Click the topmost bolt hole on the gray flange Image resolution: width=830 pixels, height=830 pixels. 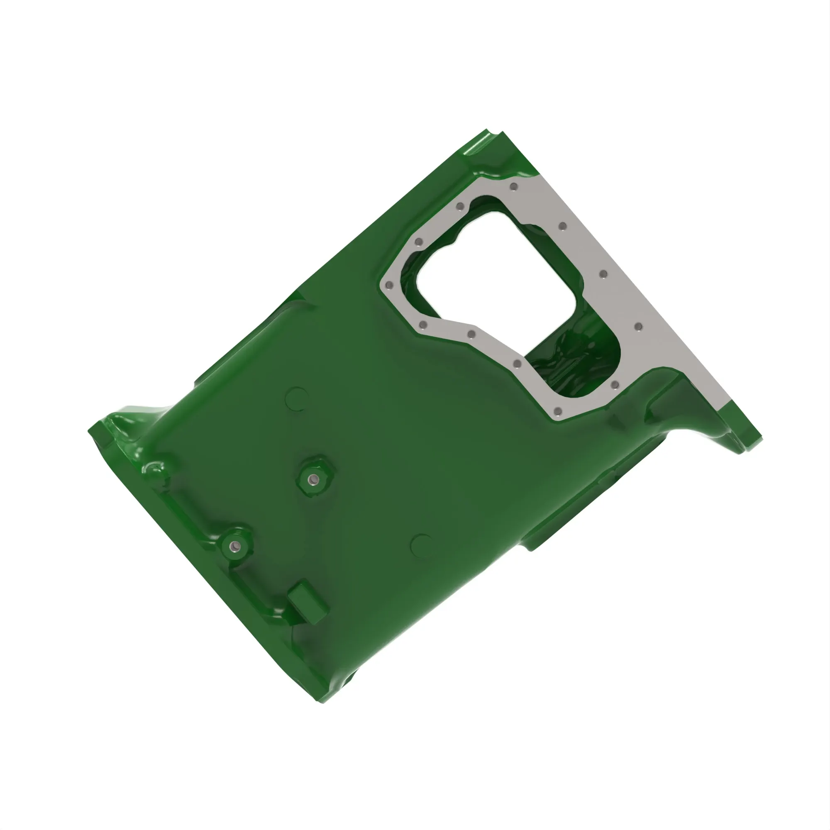click(x=513, y=187)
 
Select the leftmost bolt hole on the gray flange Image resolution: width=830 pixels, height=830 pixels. click(x=389, y=285)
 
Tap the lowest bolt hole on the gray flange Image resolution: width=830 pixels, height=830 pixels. click(x=558, y=412)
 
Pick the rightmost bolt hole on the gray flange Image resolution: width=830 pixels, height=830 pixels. click(x=638, y=327)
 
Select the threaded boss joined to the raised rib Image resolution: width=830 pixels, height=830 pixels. click(x=234, y=546)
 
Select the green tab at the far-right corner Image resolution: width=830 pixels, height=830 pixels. click(x=747, y=440)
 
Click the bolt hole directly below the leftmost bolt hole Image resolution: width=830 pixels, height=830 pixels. click(x=423, y=325)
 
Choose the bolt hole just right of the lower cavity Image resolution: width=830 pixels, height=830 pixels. click(x=615, y=383)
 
